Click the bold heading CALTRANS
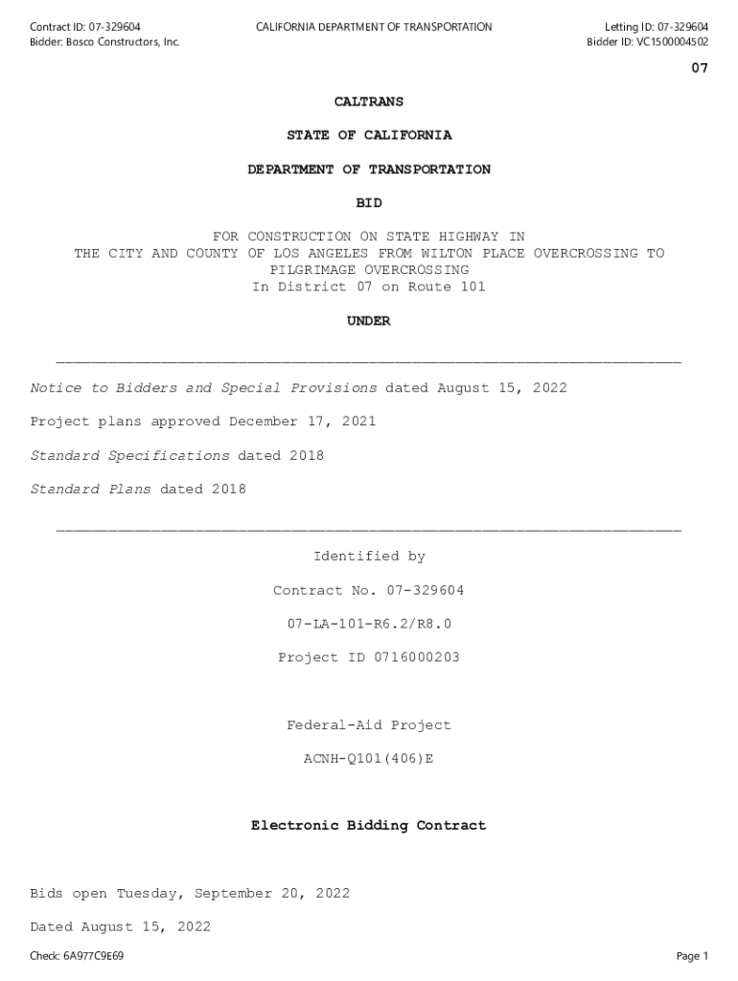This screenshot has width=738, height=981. pyautogui.click(x=369, y=102)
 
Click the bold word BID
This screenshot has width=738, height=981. pyautogui.click(x=369, y=203)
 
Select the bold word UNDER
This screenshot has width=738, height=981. pyautogui.click(x=369, y=321)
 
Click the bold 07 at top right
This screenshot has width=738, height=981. pyautogui.click(x=700, y=68)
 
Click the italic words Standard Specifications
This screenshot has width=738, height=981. pyautogui.click(x=129, y=455)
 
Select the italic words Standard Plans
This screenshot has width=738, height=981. pyautogui.click(x=91, y=490)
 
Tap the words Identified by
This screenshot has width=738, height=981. pyautogui.click(x=369, y=557)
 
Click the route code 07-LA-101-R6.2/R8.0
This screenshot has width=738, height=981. pyautogui.click(x=369, y=624)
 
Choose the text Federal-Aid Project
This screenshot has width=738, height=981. pyautogui.click(x=369, y=725)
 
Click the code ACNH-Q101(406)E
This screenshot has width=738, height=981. pyautogui.click(x=369, y=759)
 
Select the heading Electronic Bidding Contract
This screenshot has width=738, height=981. pyautogui.click(x=369, y=825)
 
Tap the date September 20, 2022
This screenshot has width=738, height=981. pyautogui.click(x=272, y=894)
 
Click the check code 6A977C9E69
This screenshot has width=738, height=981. pyautogui.click(x=94, y=956)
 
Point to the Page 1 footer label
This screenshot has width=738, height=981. pyautogui.click(x=692, y=956)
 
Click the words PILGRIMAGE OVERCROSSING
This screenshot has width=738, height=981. pyautogui.click(x=369, y=270)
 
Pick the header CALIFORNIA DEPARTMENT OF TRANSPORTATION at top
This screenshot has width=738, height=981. pyautogui.click(x=374, y=27)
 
